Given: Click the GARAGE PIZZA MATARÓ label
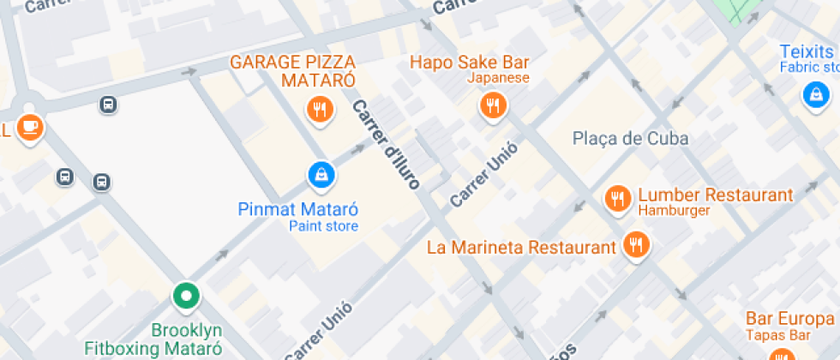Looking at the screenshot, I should click(x=292, y=71).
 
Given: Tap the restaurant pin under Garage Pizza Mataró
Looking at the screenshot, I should click(x=321, y=108).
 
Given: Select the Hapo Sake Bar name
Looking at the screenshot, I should click(x=469, y=62).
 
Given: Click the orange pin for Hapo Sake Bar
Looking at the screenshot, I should click(x=493, y=105).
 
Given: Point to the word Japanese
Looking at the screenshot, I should click(x=498, y=78).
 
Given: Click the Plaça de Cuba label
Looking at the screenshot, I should click(x=630, y=139).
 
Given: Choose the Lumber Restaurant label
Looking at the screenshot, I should click(x=715, y=195).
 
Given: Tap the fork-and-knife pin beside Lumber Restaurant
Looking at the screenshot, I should click(x=617, y=199).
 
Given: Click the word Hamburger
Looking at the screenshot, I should click(x=674, y=211).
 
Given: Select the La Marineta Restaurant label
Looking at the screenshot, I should click(x=522, y=248).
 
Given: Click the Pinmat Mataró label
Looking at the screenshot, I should click(x=297, y=209).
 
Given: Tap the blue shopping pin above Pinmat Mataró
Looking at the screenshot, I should click(x=321, y=176).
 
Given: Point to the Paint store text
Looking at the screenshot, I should click(x=323, y=226).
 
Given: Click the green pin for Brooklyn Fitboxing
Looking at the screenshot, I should click(x=185, y=297).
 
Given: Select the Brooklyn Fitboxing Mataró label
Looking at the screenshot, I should click(x=153, y=339).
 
